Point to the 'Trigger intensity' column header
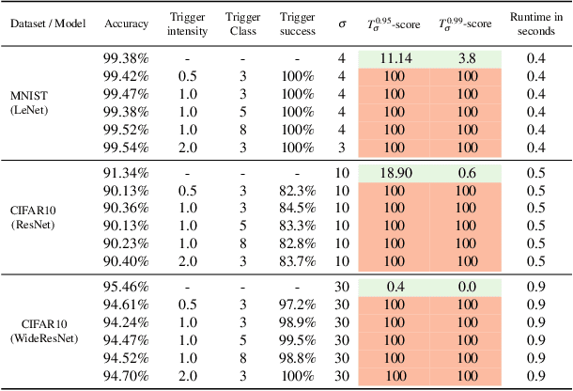[186, 24]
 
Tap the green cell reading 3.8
[465, 58]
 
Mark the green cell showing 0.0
[465, 285]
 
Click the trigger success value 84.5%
[298, 208]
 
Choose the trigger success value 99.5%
[298, 338]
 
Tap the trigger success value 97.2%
[298, 303]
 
